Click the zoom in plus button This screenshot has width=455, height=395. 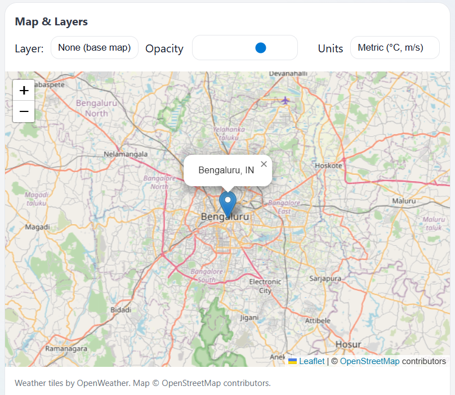[x=24, y=90]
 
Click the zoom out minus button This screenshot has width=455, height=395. [x=24, y=111]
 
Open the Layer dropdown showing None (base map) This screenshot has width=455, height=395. [x=95, y=48]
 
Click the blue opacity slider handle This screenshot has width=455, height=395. [x=260, y=48]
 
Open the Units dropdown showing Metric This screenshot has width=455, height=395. [x=394, y=48]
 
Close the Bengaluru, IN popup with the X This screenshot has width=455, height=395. [x=264, y=164]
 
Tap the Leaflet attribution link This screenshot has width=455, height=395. [x=311, y=361]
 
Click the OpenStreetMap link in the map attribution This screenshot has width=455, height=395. [x=369, y=361]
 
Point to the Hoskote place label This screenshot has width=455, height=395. [x=328, y=165]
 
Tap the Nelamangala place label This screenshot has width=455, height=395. [x=126, y=154]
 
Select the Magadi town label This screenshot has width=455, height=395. [x=38, y=227]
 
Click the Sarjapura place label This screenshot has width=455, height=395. [x=325, y=278]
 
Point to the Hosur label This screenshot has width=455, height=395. [x=348, y=344]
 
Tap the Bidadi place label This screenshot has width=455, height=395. [x=121, y=310]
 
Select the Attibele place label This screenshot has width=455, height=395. [x=318, y=320]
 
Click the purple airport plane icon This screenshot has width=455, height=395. [x=286, y=100]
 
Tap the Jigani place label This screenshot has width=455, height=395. [x=249, y=317]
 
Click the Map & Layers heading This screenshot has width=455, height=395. [x=51, y=22]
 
